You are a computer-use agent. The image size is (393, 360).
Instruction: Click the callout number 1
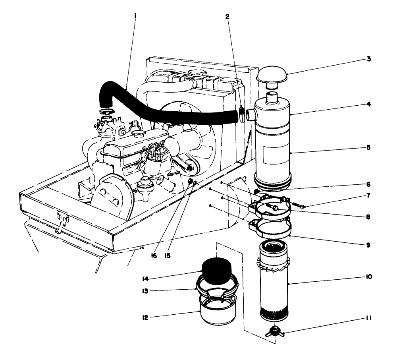tap(135, 18)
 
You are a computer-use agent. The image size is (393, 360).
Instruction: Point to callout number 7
tap(368, 195)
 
